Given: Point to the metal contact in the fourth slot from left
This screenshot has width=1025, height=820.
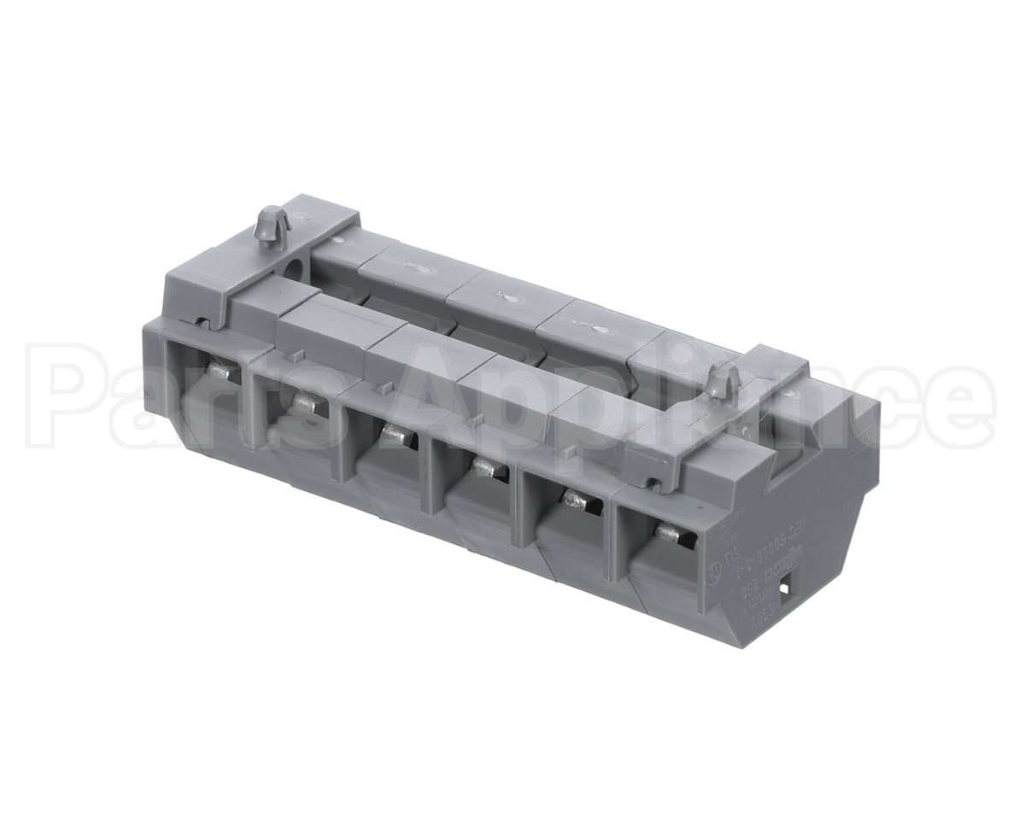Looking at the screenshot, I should pyautogui.click(x=485, y=467).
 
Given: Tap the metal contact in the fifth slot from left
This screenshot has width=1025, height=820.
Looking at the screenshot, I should pyautogui.click(x=577, y=501).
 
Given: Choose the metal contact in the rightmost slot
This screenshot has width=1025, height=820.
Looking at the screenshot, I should pyautogui.click(x=670, y=534).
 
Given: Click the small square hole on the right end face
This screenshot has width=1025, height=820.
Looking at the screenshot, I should pyautogui.click(x=787, y=588).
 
